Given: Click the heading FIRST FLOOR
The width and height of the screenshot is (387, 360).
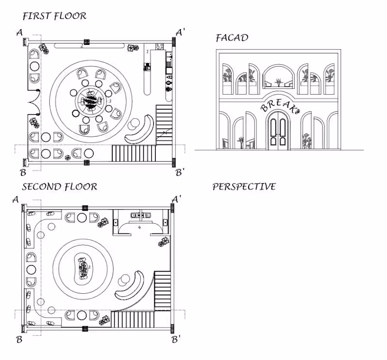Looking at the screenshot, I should [x=54, y=16].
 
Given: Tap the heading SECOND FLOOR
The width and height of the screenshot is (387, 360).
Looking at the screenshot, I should [x=60, y=187].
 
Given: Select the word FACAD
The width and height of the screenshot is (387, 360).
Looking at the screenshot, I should [x=232, y=38].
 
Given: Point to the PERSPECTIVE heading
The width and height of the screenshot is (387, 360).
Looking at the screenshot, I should [x=244, y=187].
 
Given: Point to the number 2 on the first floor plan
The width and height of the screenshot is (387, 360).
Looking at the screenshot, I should [x=82, y=46].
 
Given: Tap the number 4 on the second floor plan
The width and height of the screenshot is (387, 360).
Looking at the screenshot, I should [x=139, y=227].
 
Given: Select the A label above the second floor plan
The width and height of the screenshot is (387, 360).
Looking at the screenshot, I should [x=16, y=199].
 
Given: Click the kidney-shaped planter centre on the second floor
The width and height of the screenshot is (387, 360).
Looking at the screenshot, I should [x=83, y=269].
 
